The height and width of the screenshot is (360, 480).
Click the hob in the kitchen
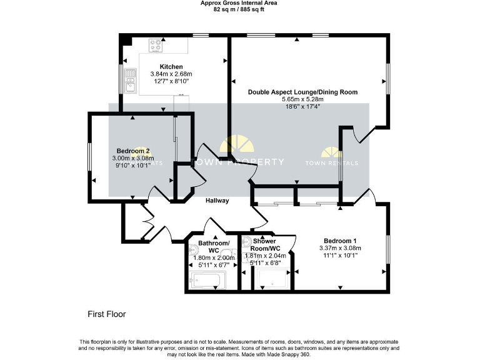[x=155, y=45]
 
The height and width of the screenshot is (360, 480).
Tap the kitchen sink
[x=130, y=80]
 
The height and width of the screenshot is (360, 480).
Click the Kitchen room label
[x=171, y=67]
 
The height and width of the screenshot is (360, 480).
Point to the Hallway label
[x=217, y=201]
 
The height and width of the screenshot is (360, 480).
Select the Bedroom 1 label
[x=340, y=241]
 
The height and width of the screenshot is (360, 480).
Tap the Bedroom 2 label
[x=132, y=151]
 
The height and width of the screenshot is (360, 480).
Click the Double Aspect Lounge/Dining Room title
[x=302, y=92]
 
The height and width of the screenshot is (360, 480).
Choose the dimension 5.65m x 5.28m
[x=302, y=99]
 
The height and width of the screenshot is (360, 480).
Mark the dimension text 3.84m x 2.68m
[x=171, y=74]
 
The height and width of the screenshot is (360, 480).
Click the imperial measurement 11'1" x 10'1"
[x=340, y=255]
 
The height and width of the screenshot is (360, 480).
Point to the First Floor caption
[x=106, y=314]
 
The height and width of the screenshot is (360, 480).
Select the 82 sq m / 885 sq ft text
[x=239, y=10]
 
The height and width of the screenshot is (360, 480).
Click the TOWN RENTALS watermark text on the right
[x=332, y=163]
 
